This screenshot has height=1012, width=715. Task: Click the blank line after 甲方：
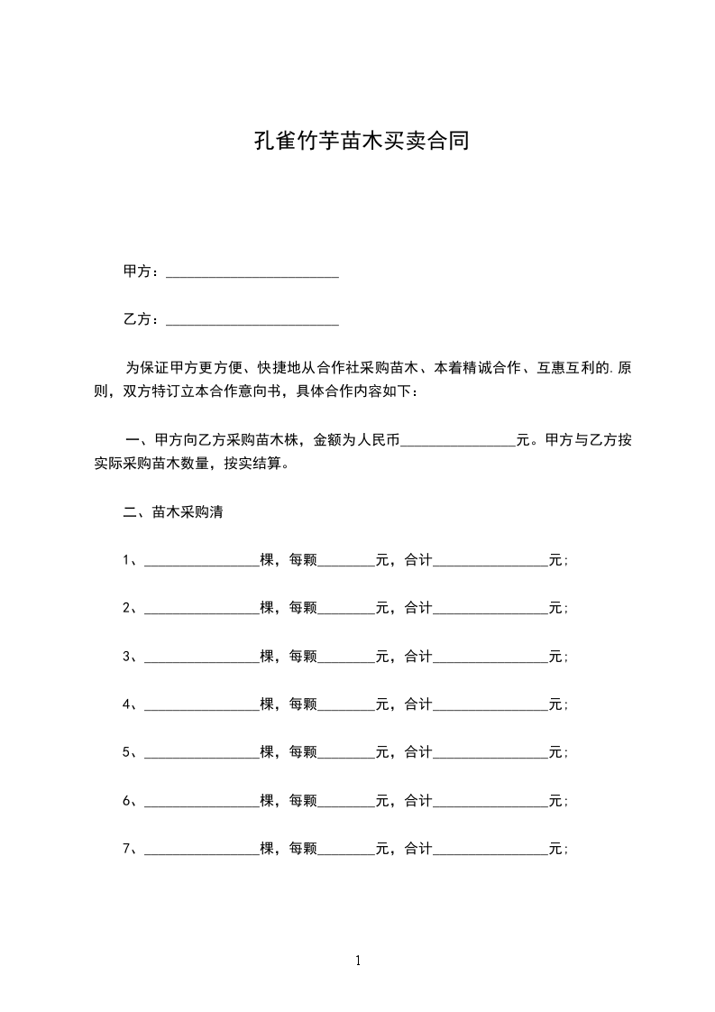252,271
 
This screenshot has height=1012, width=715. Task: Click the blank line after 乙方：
252,319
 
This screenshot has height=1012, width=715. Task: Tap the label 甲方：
142,271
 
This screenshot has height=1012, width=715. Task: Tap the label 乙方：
142,318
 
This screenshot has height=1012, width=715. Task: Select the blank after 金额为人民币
457,441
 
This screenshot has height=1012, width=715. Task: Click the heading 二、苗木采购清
172,512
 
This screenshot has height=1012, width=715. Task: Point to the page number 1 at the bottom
358,961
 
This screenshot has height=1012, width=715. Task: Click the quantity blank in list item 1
201,561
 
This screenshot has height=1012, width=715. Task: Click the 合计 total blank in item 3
490,657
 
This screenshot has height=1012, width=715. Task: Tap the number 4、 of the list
130,704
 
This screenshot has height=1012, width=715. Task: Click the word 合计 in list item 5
418,752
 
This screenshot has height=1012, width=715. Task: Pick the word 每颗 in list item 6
303,800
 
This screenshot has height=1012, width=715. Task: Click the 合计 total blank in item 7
490,850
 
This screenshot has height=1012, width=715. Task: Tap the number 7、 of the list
130,849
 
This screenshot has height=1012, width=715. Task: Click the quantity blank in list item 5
201,753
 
